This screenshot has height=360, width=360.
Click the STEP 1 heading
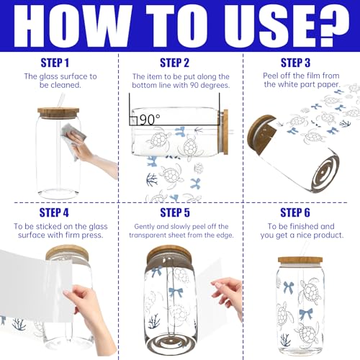[x=55, y=63]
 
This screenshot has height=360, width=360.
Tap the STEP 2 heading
[x=174, y=63]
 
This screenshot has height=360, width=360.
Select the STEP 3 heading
[x=295, y=63]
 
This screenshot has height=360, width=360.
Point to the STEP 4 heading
[x=54, y=212]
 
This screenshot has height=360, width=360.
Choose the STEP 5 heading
[x=175, y=212]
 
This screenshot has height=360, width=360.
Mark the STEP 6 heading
[x=295, y=212]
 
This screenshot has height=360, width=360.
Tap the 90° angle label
[x=150, y=120]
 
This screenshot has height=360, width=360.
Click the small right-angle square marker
[x=133, y=121]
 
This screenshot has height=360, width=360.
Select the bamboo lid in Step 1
[x=58, y=113]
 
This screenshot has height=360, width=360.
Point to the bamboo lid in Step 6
[x=300, y=260]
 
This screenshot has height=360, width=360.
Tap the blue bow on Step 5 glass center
[x=176, y=292]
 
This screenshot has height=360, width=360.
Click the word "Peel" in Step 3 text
[x=271, y=76]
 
